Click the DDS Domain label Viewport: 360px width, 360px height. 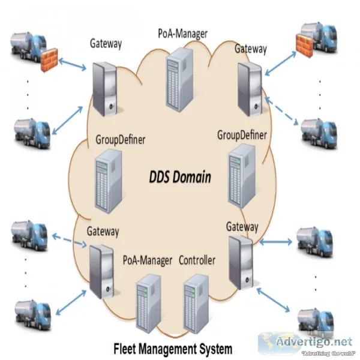pyautogui.click(x=180, y=177)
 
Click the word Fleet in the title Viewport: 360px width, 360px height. pyautogui.click(x=125, y=348)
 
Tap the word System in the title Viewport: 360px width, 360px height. pyautogui.click(x=215, y=349)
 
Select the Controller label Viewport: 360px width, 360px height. pyautogui.click(x=197, y=260)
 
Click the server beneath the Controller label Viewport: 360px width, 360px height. pyautogui.click(x=196, y=304)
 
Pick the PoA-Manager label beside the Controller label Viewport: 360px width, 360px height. pyautogui.click(x=148, y=260)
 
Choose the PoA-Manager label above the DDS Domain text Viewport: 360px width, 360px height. pyautogui.click(x=183, y=34)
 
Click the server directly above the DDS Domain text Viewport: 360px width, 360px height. pyautogui.click(x=179, y=80)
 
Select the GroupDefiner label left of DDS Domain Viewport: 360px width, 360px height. pyautogui.click(x=121, y=140)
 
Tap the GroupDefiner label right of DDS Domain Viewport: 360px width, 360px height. pyautogui.click(x=242, y=135)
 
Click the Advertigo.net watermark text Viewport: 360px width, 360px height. pyautogui.click(x=314, y=342)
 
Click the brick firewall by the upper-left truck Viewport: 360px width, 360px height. pyautogui.click(x=49, y=59)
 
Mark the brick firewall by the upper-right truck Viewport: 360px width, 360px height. pyautogui.click(x=304, y=46)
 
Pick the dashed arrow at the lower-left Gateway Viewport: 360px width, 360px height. pyautogui.click(x=70, y=241)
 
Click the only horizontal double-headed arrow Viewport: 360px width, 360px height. pyautogui.click(x=275, y=242)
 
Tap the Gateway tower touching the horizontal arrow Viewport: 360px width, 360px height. pyautogui.click(x=241, y=262)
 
